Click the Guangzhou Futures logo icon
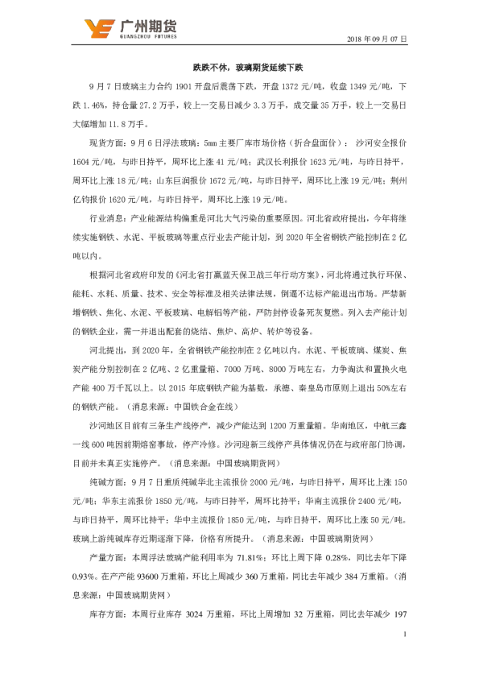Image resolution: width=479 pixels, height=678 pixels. pyautogui.click(x=99, y=28)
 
